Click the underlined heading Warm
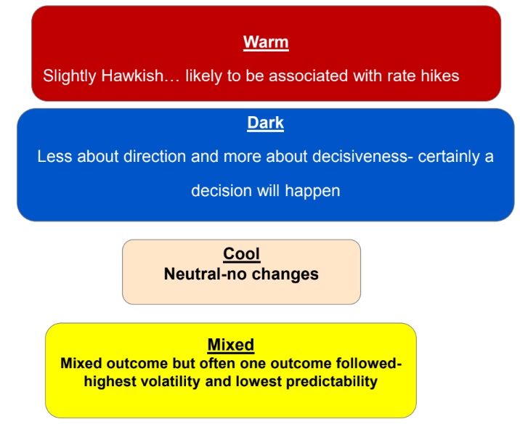(266, 42)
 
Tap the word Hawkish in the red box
(132, 76)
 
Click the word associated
(308, 76)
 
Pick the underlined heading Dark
(265, 123)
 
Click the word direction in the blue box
(155, 156)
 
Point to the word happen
(312, 191)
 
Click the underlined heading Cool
(241, 254)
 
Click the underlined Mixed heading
(231, 345)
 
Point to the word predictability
(332, 382)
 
